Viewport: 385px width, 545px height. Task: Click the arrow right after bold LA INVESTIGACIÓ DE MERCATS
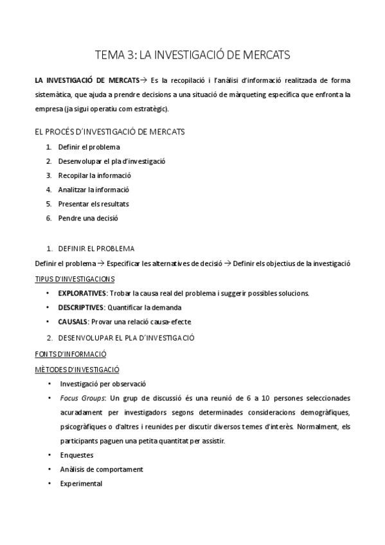(x=144, y=80)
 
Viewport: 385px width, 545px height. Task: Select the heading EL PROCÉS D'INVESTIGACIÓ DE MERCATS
(x=109, y=132)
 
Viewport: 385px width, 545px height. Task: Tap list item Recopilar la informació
(x=94, y=175)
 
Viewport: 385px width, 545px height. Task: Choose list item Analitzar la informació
(x=93, y=190)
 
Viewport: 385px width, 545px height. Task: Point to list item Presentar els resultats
(x=93, y=204)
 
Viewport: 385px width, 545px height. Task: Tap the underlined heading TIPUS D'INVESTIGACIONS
(x=75, y=278)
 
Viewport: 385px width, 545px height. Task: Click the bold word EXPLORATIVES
(x=82, y=293)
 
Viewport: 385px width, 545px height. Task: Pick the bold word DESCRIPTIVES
(x=81, y=307)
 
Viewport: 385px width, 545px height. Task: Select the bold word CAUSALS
(x=73, y=321)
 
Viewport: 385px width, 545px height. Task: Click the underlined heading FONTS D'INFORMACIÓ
(x=70, y=353)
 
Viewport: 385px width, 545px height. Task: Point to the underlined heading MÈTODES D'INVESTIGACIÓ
(x=76, y=369)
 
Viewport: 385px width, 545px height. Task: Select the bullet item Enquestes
(x=76, y=454)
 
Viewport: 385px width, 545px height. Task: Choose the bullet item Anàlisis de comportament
(x=101, y=469)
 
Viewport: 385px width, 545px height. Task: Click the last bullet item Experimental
(x=80, y=483)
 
